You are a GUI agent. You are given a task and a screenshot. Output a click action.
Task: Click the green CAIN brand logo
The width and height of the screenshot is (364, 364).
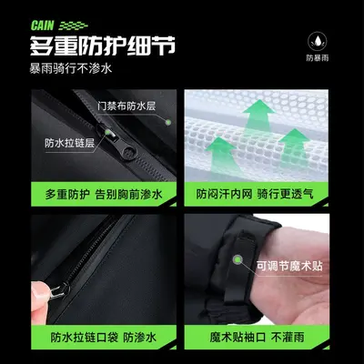42,25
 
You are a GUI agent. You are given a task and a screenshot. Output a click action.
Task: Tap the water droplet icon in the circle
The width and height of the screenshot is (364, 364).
318,42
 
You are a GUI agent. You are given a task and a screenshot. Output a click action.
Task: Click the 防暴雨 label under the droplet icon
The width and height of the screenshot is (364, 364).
318,58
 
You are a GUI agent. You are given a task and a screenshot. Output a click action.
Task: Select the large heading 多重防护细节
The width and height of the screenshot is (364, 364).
103,46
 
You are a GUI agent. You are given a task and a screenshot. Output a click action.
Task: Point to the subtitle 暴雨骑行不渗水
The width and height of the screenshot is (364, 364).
71,68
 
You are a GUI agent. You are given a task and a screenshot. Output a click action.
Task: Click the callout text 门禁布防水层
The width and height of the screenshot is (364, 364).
126,106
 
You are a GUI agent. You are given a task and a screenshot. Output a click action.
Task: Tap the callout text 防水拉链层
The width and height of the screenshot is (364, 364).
70,143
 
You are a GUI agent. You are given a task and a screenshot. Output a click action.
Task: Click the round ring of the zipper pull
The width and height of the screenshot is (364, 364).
130,153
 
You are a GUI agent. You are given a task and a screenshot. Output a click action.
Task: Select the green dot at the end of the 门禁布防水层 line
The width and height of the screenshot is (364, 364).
168,123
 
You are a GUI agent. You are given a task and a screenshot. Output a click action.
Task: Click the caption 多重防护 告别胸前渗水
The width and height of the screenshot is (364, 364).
104,195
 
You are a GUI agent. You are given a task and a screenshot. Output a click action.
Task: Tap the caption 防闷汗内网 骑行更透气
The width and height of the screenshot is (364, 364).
255,194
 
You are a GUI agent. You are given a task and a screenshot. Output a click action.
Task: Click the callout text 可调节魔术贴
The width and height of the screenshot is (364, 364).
289,267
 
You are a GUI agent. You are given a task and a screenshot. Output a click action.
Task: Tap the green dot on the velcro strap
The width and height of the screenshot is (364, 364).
238,259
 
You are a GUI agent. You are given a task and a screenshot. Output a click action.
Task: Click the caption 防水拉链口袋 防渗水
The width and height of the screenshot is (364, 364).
104,338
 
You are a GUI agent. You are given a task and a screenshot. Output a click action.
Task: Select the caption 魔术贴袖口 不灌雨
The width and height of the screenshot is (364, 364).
257,338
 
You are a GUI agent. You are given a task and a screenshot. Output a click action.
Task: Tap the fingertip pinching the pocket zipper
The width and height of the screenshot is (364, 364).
40,290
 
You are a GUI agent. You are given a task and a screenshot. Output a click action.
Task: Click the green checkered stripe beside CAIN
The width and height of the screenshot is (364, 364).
73,26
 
